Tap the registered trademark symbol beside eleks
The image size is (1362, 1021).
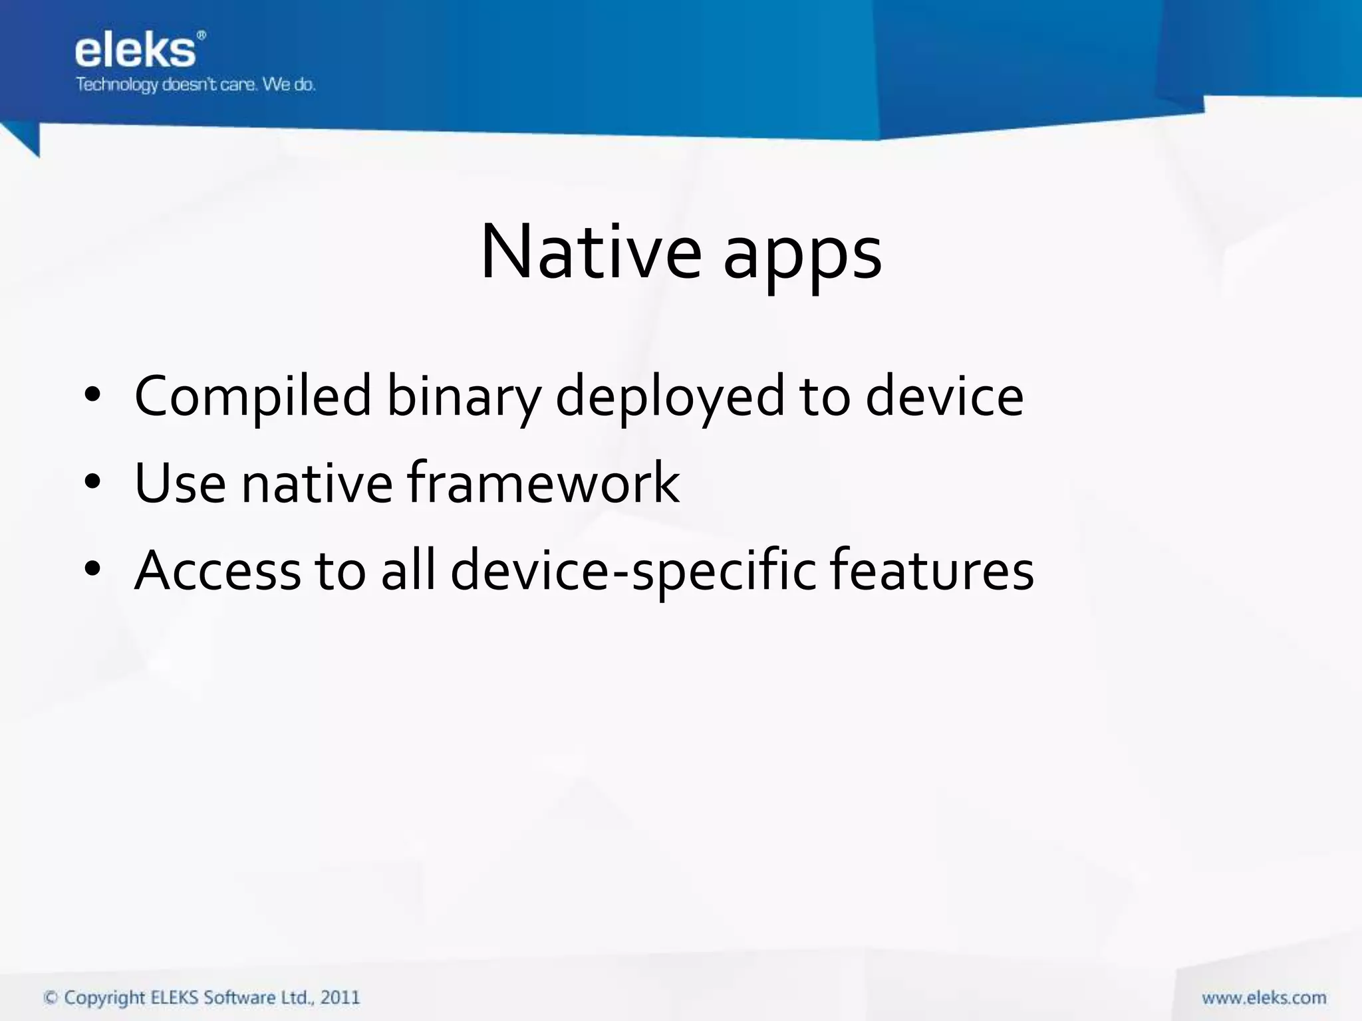(x=202, y=35)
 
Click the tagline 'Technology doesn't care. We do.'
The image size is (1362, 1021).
(x=195, y=85)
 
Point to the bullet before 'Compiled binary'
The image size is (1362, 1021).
(x=92, y=397)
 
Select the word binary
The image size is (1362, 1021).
(x=464, y=397)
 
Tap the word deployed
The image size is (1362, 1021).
(x=670, y=397)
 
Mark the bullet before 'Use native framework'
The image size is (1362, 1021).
(x=92, y=483)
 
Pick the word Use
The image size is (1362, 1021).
(x=180, y=483)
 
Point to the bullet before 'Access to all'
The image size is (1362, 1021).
(x=92, y=570)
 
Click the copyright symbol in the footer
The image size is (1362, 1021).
(x=51, y=998)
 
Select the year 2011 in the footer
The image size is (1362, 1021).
(x=340, y=998)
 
